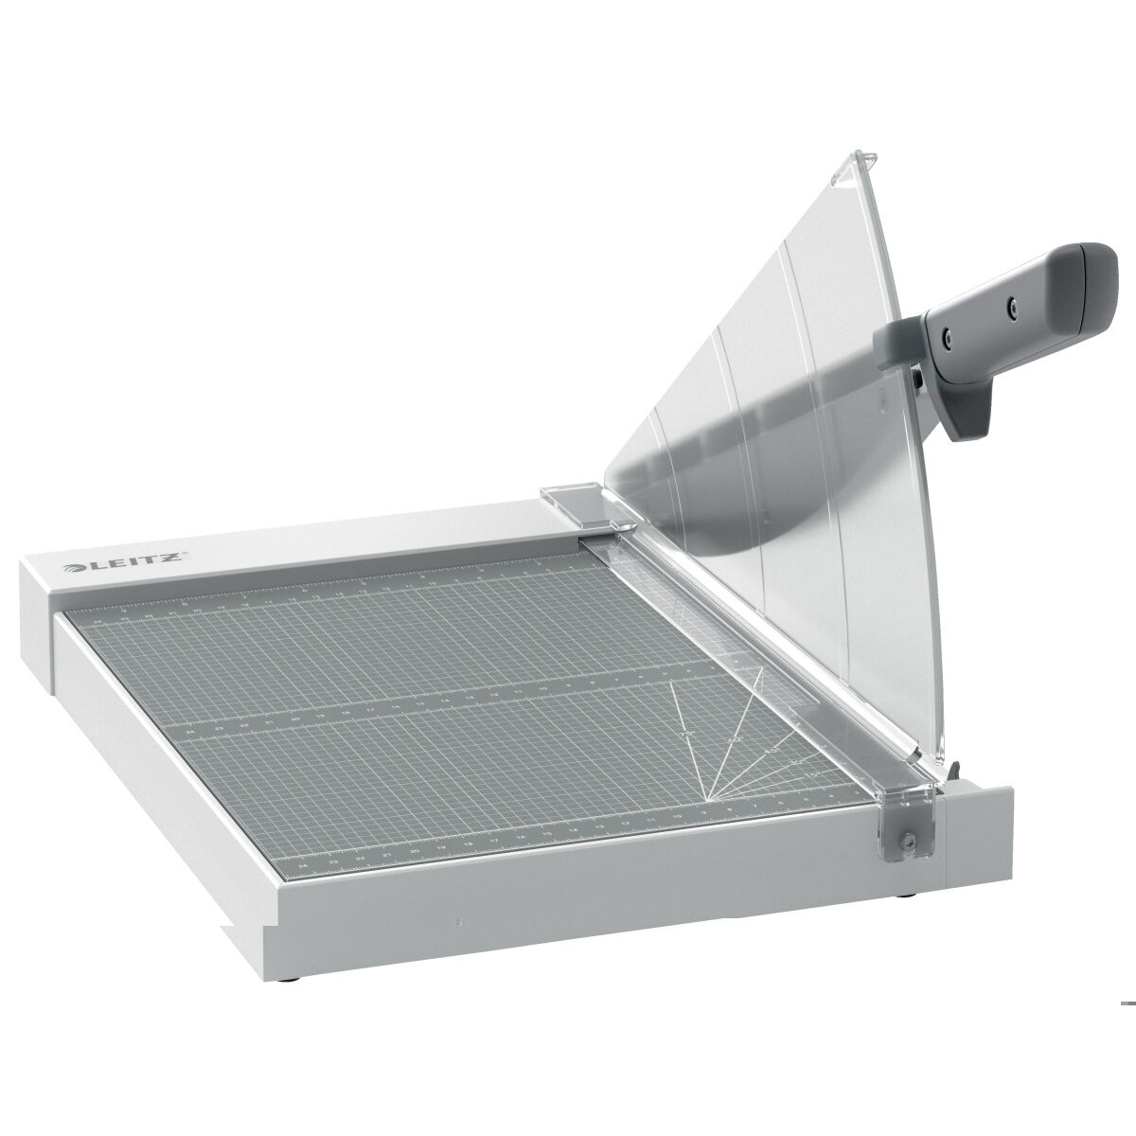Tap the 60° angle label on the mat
737,737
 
